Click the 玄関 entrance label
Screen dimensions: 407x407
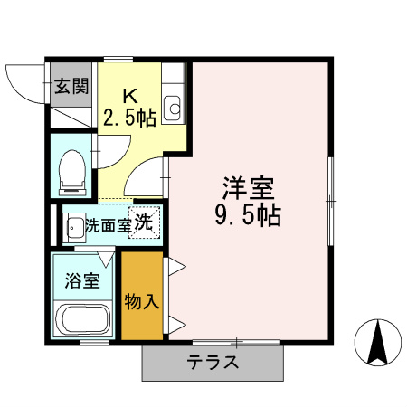tap(71, 87)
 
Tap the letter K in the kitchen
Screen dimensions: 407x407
tap(130, 94)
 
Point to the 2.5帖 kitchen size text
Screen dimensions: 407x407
tap(130, 116)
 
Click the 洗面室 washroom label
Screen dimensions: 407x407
tap(108, 226)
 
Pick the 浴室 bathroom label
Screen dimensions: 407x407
tap(82, 280)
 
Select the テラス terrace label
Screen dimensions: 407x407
tap(213, 364)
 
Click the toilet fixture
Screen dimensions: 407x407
tap(71, 170)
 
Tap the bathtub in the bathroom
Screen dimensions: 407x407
tap(82, 319)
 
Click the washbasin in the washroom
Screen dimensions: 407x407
tap(74, 226)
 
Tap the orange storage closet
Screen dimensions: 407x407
tap(142, 298)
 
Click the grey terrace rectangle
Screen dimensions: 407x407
tap(213, 364)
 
